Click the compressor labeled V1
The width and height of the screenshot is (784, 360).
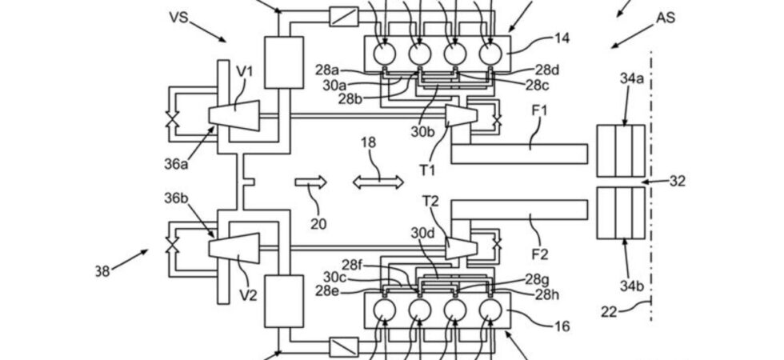pos(234,116)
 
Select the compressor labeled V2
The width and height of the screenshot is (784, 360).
pos(234,248)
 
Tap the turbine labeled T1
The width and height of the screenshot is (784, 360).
pos(461,116)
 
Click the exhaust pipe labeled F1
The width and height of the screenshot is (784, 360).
pos(519,154)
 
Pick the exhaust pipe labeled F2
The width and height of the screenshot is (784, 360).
pos(519,210)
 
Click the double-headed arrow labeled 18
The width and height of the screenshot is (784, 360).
pos(378,182)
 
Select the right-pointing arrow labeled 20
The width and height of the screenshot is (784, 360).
pos(310,182)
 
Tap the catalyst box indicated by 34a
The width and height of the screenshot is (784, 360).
pos(621,150)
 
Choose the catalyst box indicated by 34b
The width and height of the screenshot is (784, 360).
pos(621,213)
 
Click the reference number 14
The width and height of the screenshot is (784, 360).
pos(561,38)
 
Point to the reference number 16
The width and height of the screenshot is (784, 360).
pos(562,326)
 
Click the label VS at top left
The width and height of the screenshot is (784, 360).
pos(178,17)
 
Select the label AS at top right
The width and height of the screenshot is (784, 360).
pos(666,18)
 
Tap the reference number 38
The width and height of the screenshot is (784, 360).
pos(102,271)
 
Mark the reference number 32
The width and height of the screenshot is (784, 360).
pos(677,181)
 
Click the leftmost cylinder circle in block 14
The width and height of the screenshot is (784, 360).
pos(385,54)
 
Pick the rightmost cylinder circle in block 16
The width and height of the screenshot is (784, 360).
pos(490,310)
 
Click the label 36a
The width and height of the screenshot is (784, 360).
pos(176,163)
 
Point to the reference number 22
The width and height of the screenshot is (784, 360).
pos(610,313)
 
